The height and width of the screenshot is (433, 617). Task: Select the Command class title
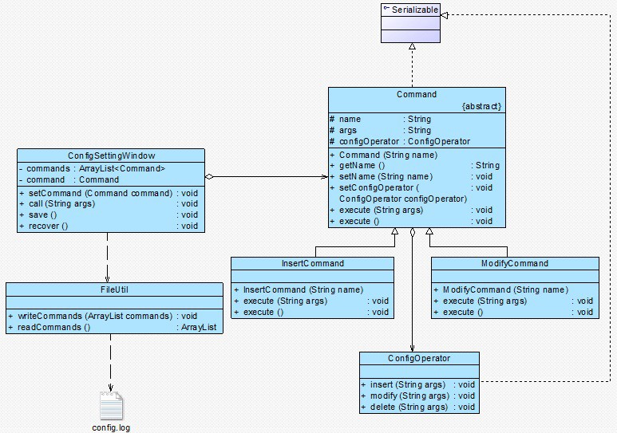click(x=416, y=94)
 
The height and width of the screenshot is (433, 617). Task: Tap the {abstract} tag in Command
click(x=481, y=106)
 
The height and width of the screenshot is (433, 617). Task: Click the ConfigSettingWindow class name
click(x=111, y=155)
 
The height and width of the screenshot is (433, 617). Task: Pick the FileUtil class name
click(x=114, y=290)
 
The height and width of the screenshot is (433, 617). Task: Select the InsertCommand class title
click(x=313, y=263)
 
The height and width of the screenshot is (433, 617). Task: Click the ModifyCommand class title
click(x=514, y=263)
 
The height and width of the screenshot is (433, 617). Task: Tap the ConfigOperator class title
click(x=419, y=359)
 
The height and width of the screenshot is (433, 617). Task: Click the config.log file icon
click(x=111, y=406)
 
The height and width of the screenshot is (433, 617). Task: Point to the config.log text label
click(x=111, y=427)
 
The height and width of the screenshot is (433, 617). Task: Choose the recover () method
click(x=48, y=226)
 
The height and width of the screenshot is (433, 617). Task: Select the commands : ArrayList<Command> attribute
click(x=95, y=168)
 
